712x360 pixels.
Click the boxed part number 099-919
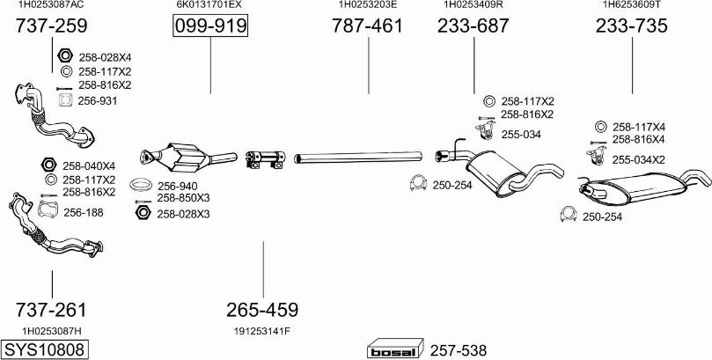[210, 26]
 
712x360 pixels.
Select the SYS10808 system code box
[44, 349]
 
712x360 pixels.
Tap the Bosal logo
[395, 350]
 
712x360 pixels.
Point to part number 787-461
[367, 26]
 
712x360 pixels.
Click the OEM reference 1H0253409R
[473, 4]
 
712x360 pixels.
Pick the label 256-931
[97, 100]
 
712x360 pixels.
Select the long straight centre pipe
[358, 157]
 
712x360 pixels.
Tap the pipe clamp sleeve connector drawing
[265, 159]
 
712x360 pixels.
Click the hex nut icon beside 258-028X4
[65, 55]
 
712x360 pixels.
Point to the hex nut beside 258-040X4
[48, 165]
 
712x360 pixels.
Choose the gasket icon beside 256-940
[140, 185]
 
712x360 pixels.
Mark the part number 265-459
[262, 310]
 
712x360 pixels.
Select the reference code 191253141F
[262, 331]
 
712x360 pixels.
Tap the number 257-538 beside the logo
[458, 350]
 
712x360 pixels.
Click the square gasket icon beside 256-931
[65, 99]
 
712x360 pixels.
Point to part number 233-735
[632, 26]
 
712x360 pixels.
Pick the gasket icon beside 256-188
[48, 209]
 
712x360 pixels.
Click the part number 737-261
[50, 310]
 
